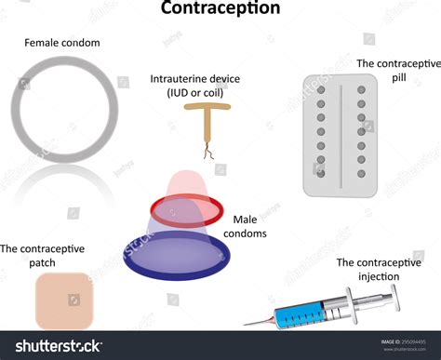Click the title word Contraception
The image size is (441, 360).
(220, 9)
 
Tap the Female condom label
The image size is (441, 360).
(62, 43)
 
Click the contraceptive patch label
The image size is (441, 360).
(42, 255)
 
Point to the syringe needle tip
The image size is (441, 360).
(247, 325)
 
